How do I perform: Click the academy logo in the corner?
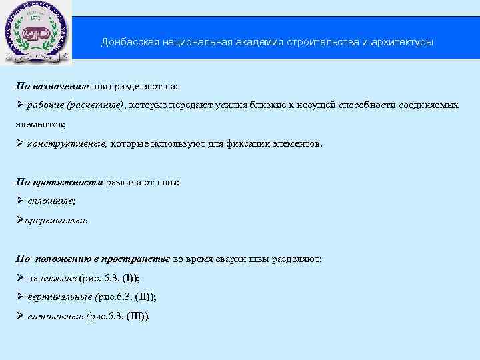pos(37,33)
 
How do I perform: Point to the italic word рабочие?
pos(47,105)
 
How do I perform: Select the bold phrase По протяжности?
pos(59,182)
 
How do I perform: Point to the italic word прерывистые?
pos(56,219)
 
